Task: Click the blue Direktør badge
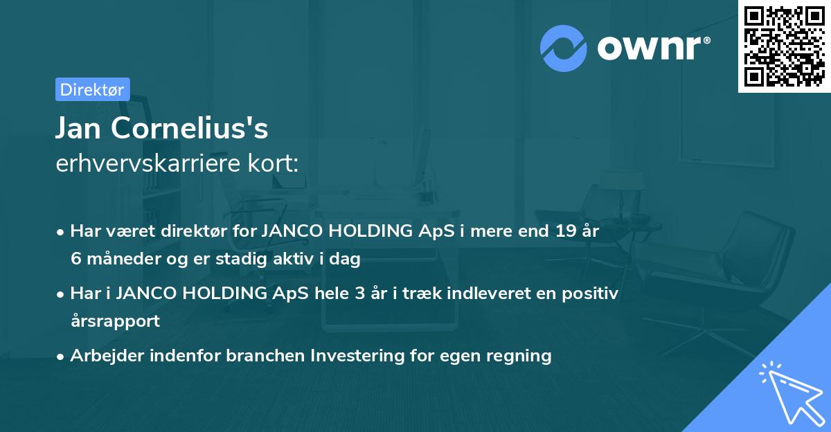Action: point(92,89)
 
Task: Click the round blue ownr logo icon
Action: point(563,48)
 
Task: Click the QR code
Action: point(783,45)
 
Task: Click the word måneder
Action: point(114,259)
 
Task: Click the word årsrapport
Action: point(115,321)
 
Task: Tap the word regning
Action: point(519,356)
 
